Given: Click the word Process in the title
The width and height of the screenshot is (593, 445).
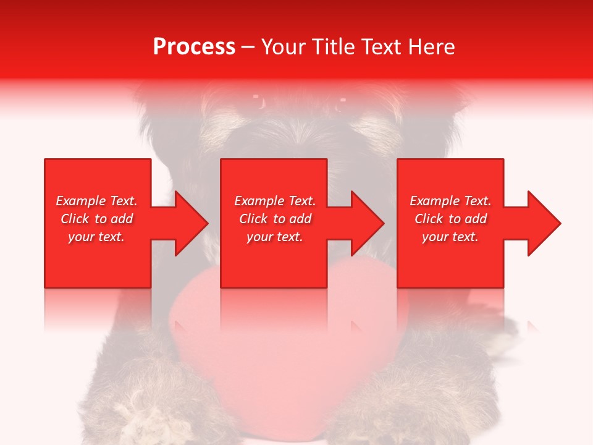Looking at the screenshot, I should click(x=194, y=47).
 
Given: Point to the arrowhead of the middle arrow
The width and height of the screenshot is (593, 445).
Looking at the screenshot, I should click(x=367, y=223).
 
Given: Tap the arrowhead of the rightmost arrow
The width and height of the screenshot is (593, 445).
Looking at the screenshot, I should click(x=544, y=223).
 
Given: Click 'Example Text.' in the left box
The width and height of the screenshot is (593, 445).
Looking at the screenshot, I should click(x=96, y=201).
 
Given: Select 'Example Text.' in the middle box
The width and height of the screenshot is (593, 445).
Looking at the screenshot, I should click(x=274, y=201).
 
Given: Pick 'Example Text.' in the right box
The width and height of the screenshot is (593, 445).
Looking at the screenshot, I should click(x=450, y=201).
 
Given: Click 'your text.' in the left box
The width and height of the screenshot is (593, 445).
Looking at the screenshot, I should click(x=96, y=237).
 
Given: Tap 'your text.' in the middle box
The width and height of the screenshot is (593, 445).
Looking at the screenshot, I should click(x=274, y=237).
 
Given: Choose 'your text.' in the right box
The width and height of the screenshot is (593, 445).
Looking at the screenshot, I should click(x=450, y=237).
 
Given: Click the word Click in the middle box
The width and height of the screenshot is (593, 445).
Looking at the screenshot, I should click(x=253, y=219).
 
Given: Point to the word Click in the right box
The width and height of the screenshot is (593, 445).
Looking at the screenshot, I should click(x=428, y=219).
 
